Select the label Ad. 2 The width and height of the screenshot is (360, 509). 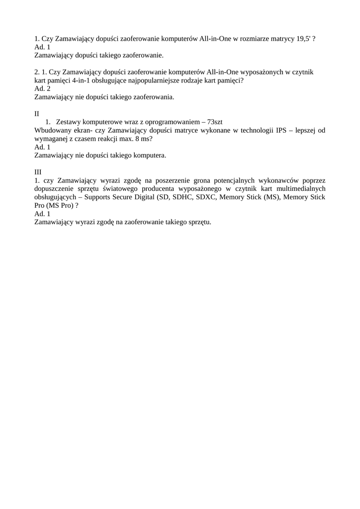pyautogui.click(x=42, y=88)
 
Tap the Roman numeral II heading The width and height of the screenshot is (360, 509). pyautogui.click(x=37, y=113)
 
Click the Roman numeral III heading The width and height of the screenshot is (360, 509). pyautogui.click(x=38, y=171)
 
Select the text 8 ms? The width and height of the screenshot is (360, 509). pyautogui.click(x=144, y=139)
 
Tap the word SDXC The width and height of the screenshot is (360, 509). pyautogui.click(x=205, y=197)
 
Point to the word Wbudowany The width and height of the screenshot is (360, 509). pyautogui.click(x=52, y=130)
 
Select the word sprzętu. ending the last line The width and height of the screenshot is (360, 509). pyautogui.click(x=199, y=222)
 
